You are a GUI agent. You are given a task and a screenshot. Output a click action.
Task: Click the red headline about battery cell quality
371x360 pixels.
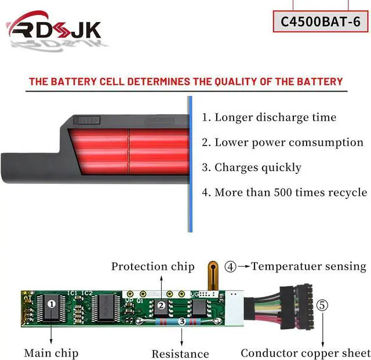click(186, 82)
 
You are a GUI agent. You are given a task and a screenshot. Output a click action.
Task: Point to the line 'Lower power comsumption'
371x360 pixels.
click(282, 142)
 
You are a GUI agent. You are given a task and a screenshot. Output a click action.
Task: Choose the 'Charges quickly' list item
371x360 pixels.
click(252, 168)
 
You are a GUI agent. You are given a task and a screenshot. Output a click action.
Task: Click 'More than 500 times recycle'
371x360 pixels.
click(284, 192)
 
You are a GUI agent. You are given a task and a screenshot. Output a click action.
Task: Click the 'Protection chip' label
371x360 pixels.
click(152, 267)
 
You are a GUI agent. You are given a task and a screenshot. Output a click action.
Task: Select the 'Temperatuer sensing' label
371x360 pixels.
click(309, 267)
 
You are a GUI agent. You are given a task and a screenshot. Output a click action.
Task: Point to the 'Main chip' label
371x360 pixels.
click(51, 352)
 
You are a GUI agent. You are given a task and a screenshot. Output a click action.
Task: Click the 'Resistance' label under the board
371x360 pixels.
click(180, 354)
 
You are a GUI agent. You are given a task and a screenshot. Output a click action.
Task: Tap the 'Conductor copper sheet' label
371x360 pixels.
click(305, 352)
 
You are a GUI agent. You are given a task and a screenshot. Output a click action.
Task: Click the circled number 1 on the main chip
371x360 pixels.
click(52, 303)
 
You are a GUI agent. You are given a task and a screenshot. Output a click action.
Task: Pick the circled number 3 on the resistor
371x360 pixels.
click(182, 320)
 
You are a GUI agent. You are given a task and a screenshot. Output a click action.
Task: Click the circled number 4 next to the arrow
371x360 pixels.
click(231, 267)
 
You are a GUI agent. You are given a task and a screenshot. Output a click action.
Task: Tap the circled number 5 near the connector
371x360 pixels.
click(322, 303)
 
